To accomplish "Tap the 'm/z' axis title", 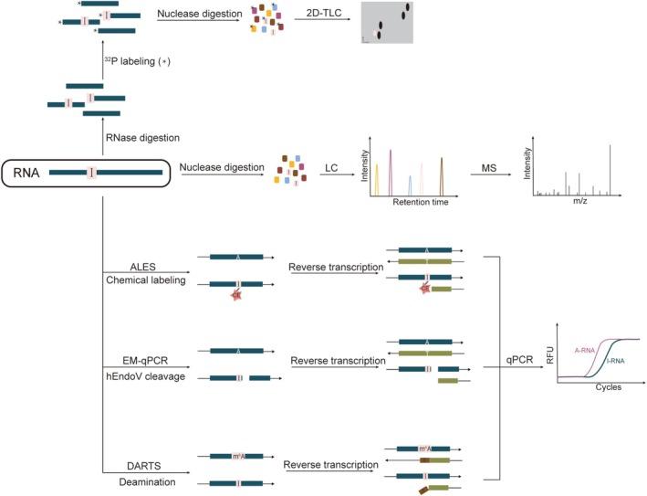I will [579, 202].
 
